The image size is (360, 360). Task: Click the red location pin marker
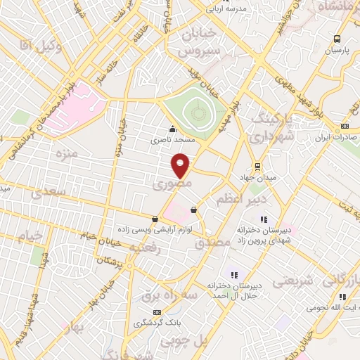pyautogui.click(x=181, y=165)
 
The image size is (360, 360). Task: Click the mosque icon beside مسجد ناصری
pyautogui.click(x=172, y=129)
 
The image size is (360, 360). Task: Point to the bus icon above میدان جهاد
pyautogui.click(x=258, y=167)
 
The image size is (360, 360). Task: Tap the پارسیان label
pyautogui.click(x=335, y=51)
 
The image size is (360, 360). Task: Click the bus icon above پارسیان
pyautogui.click(x=338, y=39)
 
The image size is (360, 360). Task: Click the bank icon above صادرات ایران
pyautogui.click(x=344, y=127)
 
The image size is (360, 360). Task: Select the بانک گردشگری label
pyautogui.click(x=155, y=324)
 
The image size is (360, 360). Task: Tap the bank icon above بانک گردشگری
pyautogui.click(x=157, y=312)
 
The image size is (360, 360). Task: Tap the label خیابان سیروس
pyautogui.click(x=199, y=43)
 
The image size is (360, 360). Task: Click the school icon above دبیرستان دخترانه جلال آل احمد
pyautogui.click(x=233, y=275)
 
